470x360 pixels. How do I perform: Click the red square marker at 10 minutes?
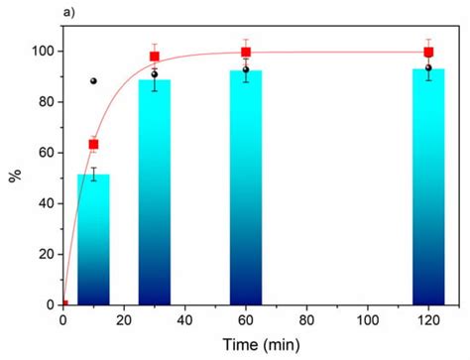[x=94, y=145]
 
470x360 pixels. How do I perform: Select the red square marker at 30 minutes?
[x=155, y=57]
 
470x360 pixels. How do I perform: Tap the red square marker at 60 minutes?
[x=246, y=52]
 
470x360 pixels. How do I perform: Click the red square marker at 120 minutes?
[x=428, y=52]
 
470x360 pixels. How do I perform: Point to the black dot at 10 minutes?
[x=94, y=81]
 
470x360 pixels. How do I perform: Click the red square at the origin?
[x=64, y=304]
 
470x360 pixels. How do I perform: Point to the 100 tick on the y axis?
[x=46, y=52]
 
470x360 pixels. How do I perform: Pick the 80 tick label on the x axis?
[x=306, y=322]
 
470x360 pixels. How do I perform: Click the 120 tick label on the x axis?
[x=428, y=322]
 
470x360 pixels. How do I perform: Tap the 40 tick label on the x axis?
[x=185, y=322]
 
